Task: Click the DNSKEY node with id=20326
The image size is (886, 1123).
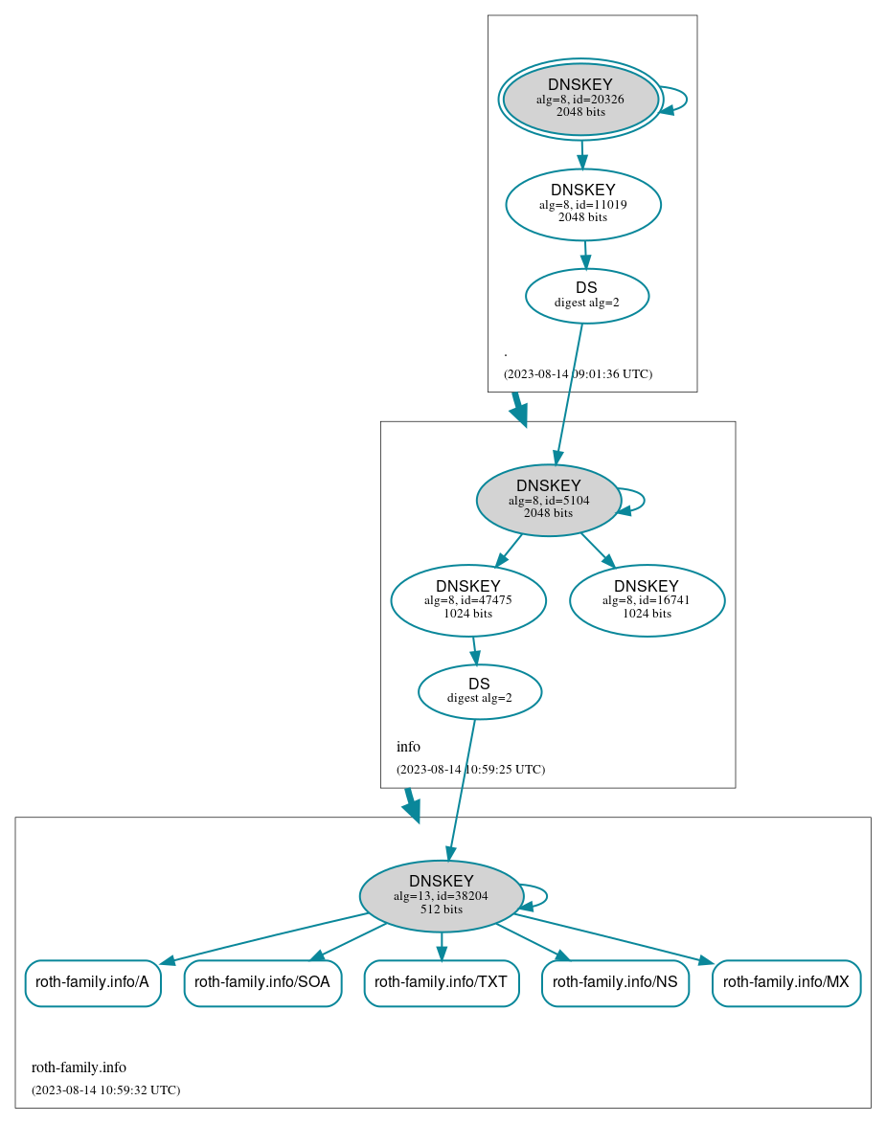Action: point(580,99)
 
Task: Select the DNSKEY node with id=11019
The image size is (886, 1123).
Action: point(582,204)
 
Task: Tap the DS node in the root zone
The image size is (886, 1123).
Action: point(586,295)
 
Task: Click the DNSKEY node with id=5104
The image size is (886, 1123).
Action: point(548,500)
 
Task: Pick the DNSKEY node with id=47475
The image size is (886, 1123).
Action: point(467,600)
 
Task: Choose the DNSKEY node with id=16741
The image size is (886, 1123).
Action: point(647,600)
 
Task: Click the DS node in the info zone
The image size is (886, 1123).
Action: point(479,691)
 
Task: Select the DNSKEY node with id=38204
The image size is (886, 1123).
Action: point(441,896)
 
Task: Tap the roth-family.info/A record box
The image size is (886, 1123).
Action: point(92,982)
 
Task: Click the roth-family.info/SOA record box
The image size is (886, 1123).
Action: point(262,982)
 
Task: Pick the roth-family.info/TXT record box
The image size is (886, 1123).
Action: point(441,982)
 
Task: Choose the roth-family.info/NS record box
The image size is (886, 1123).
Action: point(615,982)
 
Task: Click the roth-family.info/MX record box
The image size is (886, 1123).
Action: point(785,982)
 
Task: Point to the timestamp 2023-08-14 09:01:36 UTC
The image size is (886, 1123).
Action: point(578,373)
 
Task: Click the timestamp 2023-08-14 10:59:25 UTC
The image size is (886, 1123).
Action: point(470,769)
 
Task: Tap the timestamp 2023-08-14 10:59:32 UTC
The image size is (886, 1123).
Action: point(105,1089)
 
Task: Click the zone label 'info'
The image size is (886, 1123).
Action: point(408,747)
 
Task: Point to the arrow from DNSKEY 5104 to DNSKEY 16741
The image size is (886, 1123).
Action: point(598,550)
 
